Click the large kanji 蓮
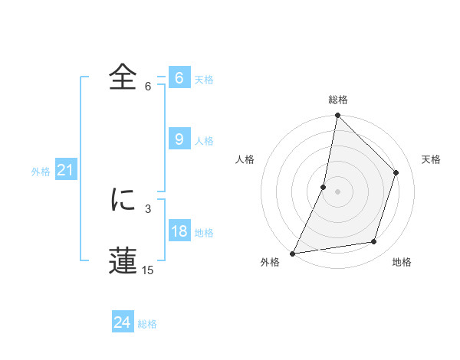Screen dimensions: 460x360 125,260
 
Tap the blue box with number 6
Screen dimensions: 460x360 179,78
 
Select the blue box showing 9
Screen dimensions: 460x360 179,139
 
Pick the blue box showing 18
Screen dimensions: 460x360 179,232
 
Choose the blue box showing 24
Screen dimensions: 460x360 122,322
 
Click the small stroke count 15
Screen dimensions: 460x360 148,270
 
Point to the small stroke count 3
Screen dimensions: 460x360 148,208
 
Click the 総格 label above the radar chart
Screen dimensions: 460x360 337,100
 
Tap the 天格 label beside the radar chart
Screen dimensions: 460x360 432,159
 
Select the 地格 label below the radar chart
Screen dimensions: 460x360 402,263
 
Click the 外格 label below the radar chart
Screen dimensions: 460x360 270,263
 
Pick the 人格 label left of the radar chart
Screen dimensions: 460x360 245,159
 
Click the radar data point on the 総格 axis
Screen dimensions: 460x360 337,116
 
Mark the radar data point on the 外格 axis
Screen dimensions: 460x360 293,253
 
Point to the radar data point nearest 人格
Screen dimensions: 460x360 324,187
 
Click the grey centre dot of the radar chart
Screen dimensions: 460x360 337,191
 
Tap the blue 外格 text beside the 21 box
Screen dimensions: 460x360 41,172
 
